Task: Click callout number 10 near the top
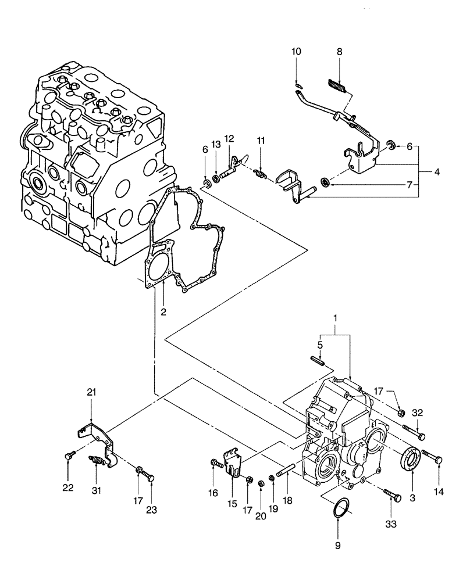[296, 52]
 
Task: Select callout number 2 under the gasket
[164, 312]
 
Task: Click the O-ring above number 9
[339, 507]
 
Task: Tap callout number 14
[438, 492]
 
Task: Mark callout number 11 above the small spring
[261, 141]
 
